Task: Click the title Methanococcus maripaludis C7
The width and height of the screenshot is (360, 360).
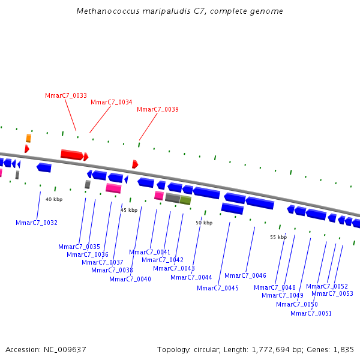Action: pyautogui.click(x=180, y=11)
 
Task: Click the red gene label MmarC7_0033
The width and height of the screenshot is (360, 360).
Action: pyautogui.click(x=66, y=95)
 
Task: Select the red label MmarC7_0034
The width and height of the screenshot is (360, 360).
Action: pyautogui.click(x=112, y=102)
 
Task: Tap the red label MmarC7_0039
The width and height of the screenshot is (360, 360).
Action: pyautogui.click(x=158, y=109)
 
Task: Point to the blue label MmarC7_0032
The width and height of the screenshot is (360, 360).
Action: pyautogui.click(x=37, y=223)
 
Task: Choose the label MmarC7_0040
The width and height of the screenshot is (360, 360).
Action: pyautogui.click(x=130, y=279)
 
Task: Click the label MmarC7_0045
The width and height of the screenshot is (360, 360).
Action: pyautogui.click(x=218, y=288)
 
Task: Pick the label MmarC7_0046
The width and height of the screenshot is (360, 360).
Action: pyautogui.click(x=245, y=275)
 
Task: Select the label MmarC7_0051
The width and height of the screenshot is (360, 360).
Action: pyautogui.click(x=311, y=313)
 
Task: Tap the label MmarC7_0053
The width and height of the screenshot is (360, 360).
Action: pyautogui.click(x=332, y=293)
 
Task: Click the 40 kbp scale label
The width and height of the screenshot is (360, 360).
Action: pyautogui.click(x=54, y=199)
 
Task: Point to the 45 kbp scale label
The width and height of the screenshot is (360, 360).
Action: pyautogui.click(x=129, y=210)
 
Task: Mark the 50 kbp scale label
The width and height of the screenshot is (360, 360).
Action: pyautogui.click(x=204, y=223)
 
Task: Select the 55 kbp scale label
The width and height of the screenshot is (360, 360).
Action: pyautogui.click(x=278, y=237)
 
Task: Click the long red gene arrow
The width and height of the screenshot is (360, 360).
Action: pyautogui.click(x=71, y=155)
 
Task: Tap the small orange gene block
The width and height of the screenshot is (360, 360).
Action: pyautogui.click(x=28, y=138)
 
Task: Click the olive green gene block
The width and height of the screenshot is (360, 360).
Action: pyautogui.click(x=185, y=200)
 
